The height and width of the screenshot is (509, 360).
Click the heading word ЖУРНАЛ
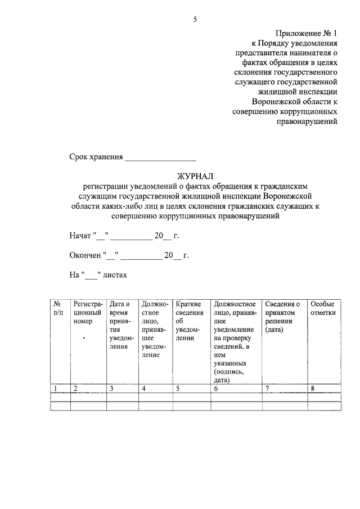(196, 176)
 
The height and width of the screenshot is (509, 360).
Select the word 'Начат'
(80, 235)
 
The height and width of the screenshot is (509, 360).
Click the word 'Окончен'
(85, 255)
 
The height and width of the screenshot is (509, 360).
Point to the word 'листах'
(115, 275)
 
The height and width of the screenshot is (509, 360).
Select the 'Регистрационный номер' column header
(87, 312)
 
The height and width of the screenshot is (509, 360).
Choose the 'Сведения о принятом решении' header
(283, 317)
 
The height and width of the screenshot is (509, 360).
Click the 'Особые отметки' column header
(323, 308)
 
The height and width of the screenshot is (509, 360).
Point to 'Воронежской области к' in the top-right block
(295, 101)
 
